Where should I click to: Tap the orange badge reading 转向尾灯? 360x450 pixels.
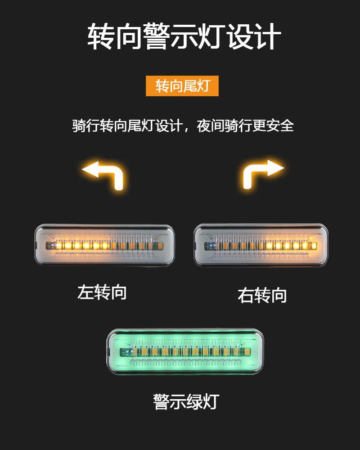[182, 85]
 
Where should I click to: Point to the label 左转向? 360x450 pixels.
[102, 292]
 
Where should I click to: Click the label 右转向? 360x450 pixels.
[262, 296]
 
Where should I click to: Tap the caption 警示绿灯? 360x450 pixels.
[185, 401]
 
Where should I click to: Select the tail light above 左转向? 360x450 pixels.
[104, 245]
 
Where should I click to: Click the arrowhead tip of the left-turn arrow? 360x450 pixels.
[84, 170]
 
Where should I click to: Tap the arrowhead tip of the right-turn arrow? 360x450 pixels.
[282, 168]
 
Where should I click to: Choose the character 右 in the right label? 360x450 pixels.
[246, 296]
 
